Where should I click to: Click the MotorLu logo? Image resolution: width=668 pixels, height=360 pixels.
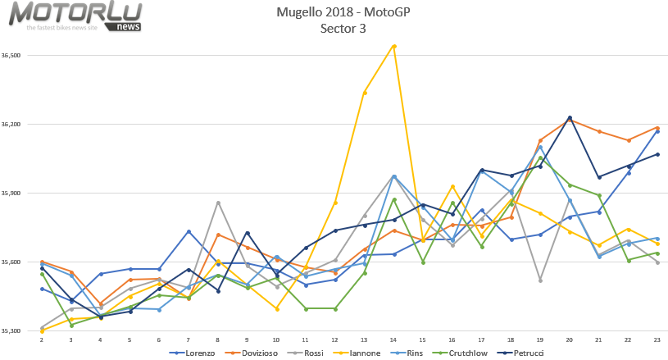tap(75, 16)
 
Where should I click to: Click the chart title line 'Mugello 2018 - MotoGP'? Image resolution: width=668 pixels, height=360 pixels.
tap(343, 11)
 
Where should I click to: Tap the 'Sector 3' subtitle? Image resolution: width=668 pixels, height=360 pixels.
tap(343, 28)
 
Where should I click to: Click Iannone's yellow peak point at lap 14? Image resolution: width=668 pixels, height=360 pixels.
tap(394, 46)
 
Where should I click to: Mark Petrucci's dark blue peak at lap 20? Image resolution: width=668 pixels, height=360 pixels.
tap(570, 118)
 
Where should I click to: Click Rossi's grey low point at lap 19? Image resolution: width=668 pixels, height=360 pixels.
tap(540, 280)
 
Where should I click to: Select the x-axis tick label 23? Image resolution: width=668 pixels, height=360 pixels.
tap(657, 339)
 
